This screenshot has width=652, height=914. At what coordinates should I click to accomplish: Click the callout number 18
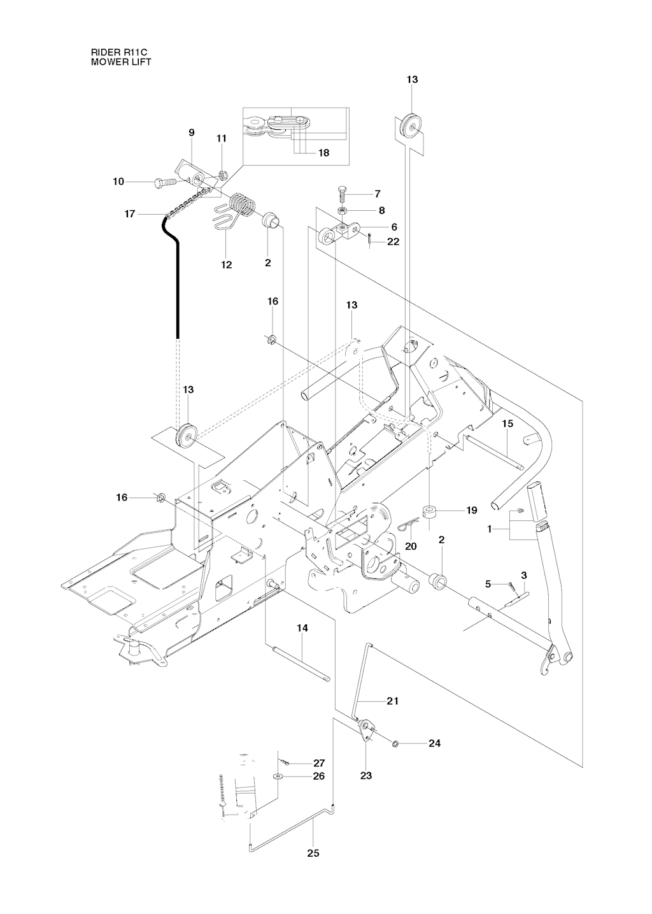pos(323,153)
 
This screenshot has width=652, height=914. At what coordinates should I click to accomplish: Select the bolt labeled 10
pos(164,182)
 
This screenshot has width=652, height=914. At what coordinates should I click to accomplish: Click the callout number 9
pos(191,132)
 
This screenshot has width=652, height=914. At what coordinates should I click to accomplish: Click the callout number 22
pos(393,241)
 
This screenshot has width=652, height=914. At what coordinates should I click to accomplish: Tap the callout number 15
pos(507,423)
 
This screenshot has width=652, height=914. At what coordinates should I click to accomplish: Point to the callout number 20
pos(411,546)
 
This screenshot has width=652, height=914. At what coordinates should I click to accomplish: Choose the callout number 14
pos(302,628)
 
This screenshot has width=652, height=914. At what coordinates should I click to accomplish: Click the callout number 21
pos(392,701)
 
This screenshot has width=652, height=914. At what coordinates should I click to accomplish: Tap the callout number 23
pos(366,776)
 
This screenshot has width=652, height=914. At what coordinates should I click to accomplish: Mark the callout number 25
pos(313,853)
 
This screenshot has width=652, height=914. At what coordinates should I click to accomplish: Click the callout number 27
pos(318,762)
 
